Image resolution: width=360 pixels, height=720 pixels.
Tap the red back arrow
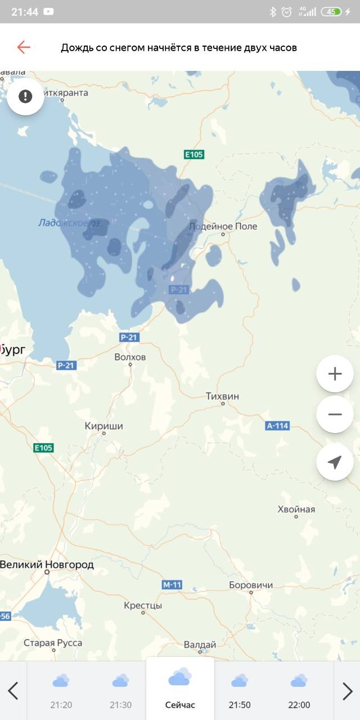[x=24, y=47]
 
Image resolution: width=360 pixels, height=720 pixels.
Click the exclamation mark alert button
[x=25, y=97]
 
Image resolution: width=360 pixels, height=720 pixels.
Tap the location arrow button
[x=335, y=462]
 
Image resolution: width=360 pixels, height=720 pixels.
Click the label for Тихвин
[x=222, y=397]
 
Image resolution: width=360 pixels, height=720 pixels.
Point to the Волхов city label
[x=130, y=357]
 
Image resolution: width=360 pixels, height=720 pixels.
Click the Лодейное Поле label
[x=223, y=226]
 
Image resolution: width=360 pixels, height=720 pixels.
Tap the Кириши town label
[x=103, y=426]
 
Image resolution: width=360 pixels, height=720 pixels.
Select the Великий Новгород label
[x=47, y=565]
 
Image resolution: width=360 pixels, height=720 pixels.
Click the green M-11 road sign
[x=172, y=585]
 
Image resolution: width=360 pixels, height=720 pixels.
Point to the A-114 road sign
[x=277, y=426]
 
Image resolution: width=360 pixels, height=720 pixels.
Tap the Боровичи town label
[x=251, y=585]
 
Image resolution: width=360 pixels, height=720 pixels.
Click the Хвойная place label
[x=296, y=510]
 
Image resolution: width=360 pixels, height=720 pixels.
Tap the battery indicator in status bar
[x=331, y=12]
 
